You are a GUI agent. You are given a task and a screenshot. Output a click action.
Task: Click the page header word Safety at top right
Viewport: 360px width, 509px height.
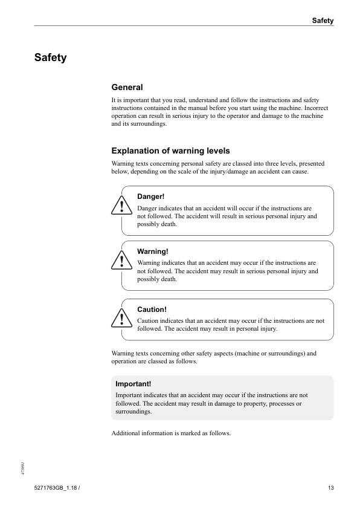tap(323, 21)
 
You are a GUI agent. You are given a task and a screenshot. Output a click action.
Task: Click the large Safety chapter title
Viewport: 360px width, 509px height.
tap(50, 58)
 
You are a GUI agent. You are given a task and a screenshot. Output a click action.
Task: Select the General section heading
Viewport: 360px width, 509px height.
tap(127, 88)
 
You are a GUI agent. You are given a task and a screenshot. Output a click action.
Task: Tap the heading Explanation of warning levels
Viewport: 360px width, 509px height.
tap(170, 151)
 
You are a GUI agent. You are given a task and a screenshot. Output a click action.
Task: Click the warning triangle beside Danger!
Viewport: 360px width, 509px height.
tap(121, 207)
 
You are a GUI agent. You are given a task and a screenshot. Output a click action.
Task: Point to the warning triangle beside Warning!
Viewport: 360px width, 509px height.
tap(121, 261)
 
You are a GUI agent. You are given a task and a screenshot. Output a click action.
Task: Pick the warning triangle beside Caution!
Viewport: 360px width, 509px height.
tap(121, 319)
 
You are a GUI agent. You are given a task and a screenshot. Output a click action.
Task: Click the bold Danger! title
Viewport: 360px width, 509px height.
tap(151, 196)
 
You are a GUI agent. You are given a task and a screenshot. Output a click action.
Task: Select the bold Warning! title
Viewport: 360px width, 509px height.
tap(153, 251)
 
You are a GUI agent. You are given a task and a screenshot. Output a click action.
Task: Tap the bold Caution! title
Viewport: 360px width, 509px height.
tap(152, 310)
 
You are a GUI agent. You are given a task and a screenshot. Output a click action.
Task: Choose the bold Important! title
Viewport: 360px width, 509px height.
tap(133, 383)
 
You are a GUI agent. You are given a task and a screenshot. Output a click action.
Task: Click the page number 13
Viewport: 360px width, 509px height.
tap(330, 488)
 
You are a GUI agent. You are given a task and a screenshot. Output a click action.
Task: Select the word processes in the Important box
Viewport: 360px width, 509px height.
tap(277, 403)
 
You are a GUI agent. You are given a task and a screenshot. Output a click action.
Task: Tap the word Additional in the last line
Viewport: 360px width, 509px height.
tap(126, 433)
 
